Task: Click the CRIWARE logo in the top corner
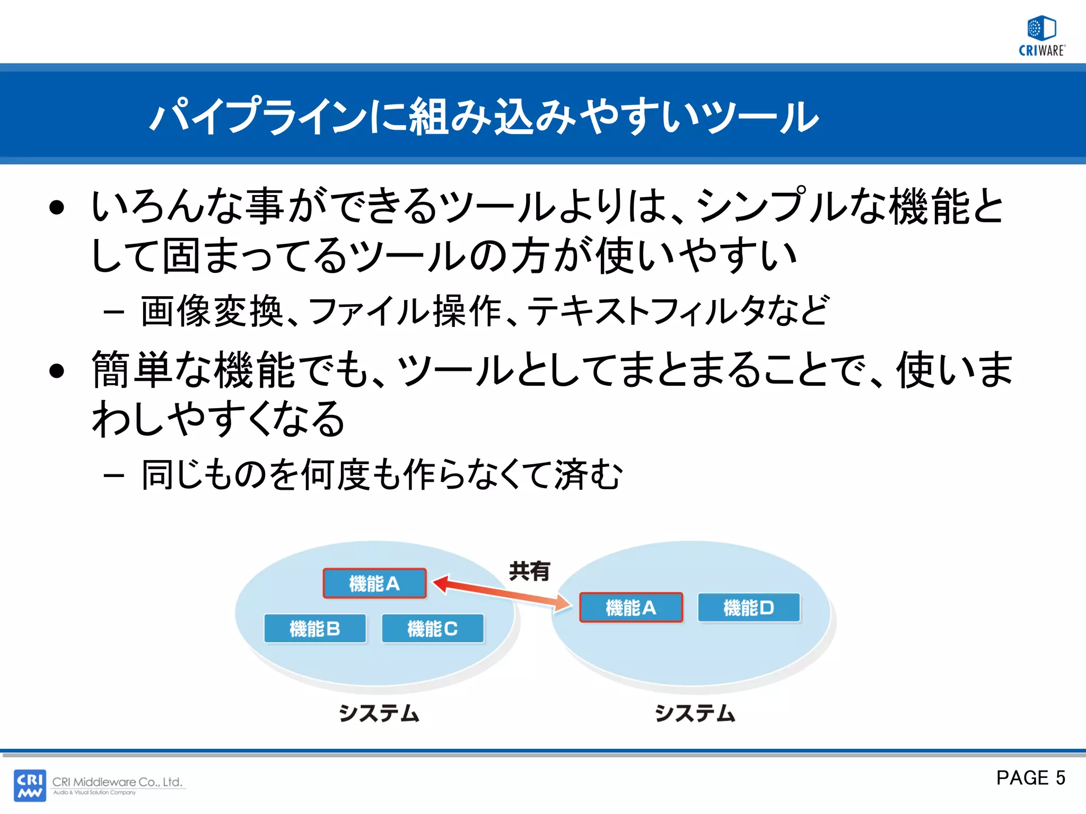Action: coord(1041,36)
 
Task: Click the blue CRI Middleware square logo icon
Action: coord(30,785)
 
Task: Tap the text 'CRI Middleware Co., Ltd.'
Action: coord(117,782)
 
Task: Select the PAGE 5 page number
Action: coord(1030,777)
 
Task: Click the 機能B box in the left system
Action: coord(315,629)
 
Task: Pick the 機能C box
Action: coord(432,629)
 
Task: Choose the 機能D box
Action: coord(748,607)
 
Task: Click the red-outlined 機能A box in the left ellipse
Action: coord(374,583)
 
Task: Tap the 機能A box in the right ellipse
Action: coord(630,607)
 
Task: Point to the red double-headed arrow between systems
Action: coord(502,593)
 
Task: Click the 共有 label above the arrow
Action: coord(529,571)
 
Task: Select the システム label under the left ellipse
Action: coord(379,713)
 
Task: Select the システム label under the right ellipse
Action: coord(695,713)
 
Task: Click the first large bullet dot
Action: coord(56,208)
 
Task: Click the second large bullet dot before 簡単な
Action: coord(56,370)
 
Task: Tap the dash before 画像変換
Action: coord(113,313)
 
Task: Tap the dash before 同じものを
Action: coord(113,475)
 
